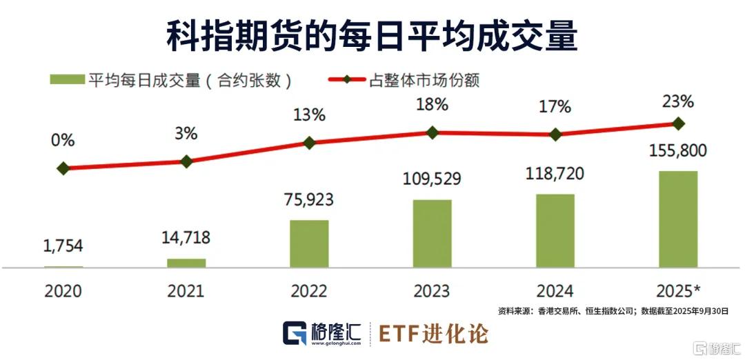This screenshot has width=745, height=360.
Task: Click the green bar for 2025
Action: pos(678,219)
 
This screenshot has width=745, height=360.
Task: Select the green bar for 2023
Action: pos(432,233)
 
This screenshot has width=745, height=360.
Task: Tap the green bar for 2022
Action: pos(309,243)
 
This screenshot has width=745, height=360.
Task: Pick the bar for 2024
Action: pos(555,230)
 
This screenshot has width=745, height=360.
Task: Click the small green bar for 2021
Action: pos(186,263)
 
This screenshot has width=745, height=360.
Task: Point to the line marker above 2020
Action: pos(63,168)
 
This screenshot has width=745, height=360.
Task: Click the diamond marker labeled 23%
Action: pos(678,123)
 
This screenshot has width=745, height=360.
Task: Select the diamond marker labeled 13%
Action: pos(309,143)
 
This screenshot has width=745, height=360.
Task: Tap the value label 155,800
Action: pos(678,150)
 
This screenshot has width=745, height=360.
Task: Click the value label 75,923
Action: pos(309,200)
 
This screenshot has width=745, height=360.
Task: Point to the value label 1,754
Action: pos(63,246)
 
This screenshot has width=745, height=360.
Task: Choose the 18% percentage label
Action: pos(432,105)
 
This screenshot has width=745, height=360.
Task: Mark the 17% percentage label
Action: pos(555,107)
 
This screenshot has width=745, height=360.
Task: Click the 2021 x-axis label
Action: pos(186,291)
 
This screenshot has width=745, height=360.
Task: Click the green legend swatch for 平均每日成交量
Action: pos(66,80)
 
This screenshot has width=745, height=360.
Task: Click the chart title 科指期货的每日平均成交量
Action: pos(372,35)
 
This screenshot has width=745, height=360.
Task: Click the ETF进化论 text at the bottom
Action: pos(434,334)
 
